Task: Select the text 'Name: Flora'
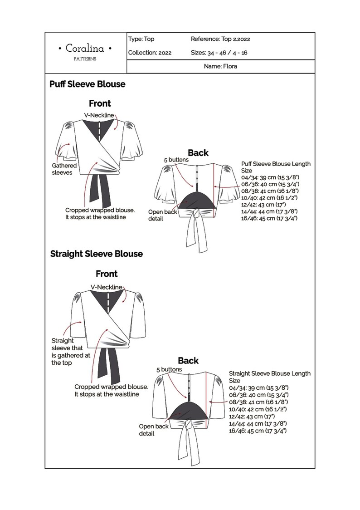pos(220,66)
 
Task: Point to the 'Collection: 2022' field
pos(150,53)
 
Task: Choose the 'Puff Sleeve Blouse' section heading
pos(87,84)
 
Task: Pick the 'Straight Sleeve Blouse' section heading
pos(96,254)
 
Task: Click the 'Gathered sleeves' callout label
pos(64,169)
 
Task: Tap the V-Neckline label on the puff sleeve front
pos(99,115)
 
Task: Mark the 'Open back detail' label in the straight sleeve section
pos(153,430)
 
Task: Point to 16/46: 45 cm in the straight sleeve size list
pos(258,431)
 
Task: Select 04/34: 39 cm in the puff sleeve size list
pos(264,177)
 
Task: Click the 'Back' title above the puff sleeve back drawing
pos(198,153)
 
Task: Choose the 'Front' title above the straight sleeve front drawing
pos(107,274)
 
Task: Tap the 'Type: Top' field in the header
pos(141,39)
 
